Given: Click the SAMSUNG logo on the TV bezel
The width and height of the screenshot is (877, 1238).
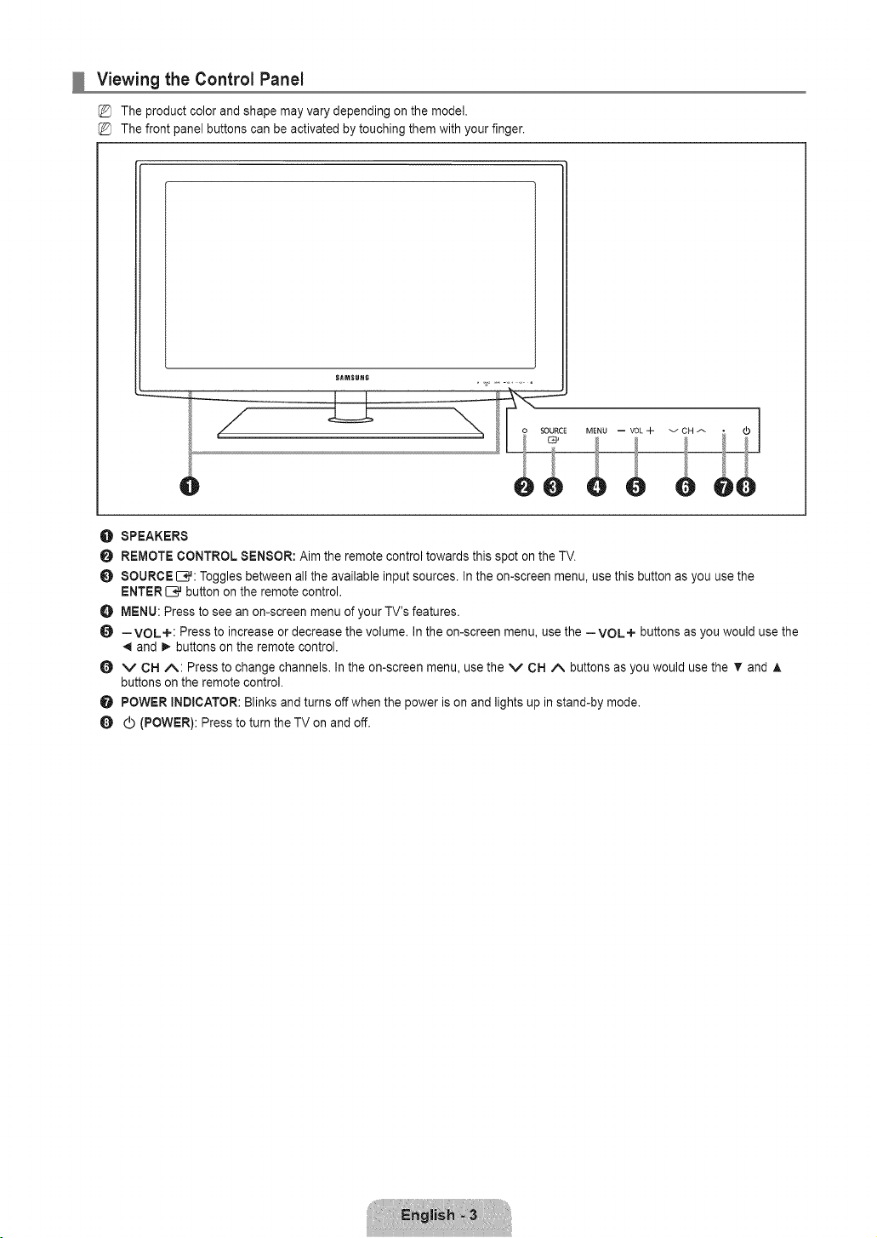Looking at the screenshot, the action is point(352,378).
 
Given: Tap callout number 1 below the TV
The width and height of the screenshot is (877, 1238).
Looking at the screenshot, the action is point(189,487).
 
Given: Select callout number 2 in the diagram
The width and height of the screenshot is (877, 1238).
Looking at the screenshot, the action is point(523,488).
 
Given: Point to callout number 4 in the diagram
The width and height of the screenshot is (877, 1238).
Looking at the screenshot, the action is point(596,488).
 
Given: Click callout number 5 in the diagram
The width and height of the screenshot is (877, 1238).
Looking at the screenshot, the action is point(635,488).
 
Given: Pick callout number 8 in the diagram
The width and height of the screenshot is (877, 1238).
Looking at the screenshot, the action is point(746,488).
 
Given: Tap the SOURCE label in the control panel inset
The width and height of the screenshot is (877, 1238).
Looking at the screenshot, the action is point(553,431).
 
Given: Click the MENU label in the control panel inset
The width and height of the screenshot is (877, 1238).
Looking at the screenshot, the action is point(596,431).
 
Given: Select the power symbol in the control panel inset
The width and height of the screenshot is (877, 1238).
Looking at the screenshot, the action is point(747,431).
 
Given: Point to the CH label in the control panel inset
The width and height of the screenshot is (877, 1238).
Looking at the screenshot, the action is point(687,431).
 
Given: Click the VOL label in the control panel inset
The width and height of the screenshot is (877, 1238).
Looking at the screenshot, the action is point(636,431).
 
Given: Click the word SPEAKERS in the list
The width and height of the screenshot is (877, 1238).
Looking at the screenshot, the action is point(154,536).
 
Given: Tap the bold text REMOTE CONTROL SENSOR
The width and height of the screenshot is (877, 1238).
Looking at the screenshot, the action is point(208,556).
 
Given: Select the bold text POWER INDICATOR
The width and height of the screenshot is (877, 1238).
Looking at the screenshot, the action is point(179,703).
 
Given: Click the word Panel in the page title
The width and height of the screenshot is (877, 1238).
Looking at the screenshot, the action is point(282,80).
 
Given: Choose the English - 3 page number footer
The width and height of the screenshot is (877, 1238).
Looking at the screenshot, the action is point(439,1214).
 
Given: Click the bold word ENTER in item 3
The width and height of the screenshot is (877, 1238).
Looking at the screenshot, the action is point(141,592).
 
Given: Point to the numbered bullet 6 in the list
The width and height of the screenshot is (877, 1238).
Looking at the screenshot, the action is point(106,668).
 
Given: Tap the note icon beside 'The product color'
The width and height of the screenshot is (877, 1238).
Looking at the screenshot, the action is point(105,111).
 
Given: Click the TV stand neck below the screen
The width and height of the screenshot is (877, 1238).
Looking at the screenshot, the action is point(350,405).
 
